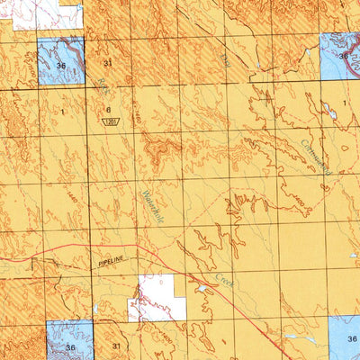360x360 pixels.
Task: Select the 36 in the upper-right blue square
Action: [x=344, y=56]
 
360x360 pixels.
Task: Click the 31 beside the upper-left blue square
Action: [x=108, y=63]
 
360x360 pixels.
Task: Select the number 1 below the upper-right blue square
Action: [x=344, y=104]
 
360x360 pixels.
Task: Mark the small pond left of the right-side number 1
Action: [x=325, y=105]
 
